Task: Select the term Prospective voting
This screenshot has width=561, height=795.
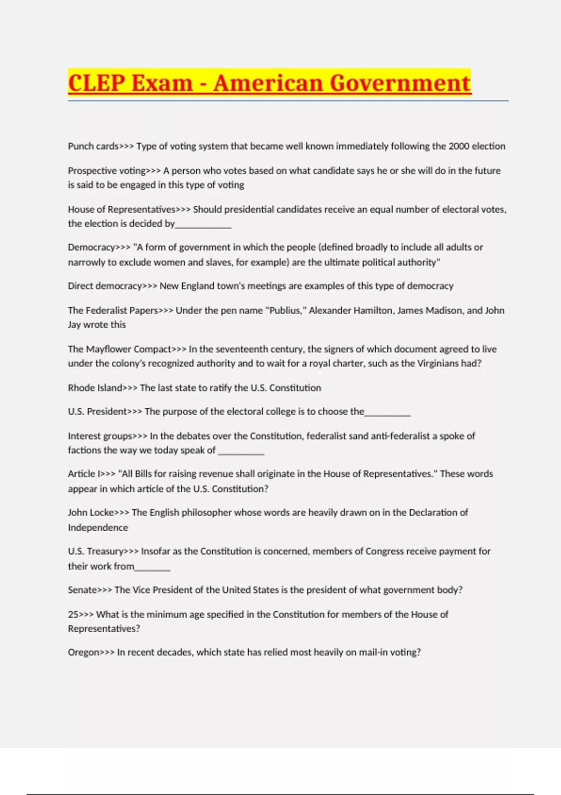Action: [x=107, y=171]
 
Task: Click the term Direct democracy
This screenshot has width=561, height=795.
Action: [x=105, y=286]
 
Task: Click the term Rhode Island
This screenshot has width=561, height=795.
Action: [x=95, y=388]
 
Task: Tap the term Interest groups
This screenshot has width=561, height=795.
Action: [x=100, y=436]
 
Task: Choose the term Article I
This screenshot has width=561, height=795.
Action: [x=84, y=474]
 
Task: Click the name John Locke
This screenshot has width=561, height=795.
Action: [x=91, y=513]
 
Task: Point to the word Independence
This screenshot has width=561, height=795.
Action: [x=98, y=528]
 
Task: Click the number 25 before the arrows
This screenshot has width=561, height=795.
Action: [x=73, y=614]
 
